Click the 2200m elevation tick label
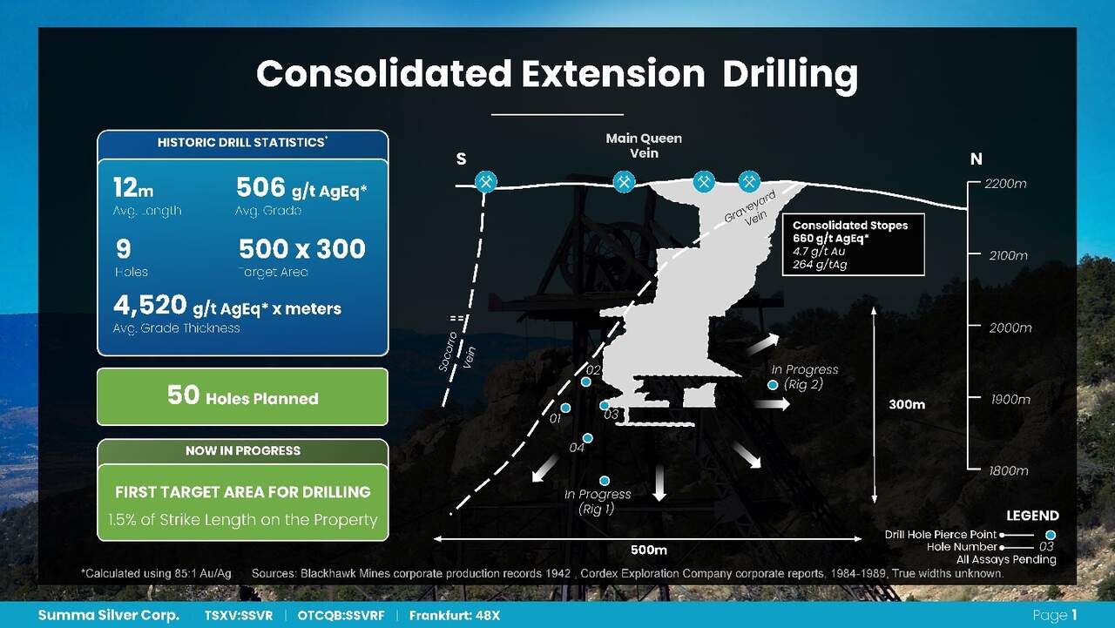[x=1005, y=184]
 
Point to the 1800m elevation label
[x=1008, y=470]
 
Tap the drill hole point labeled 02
[x=586, y=382]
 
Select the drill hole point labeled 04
[x=587, y=438]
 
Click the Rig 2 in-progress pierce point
[x=773, y=385]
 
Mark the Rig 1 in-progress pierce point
[x=605, y=480]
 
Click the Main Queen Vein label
[x=644, y=145]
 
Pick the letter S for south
[x=462, y=159]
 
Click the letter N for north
[x=976, y=159]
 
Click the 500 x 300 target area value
[x=302, y=248]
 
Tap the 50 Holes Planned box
[x=242, y=396]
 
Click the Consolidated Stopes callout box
[x=853, y=245]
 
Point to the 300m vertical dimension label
[x=907, y=404]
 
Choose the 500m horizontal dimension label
[x=649, y=550]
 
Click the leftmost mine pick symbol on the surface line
[x=486, y=182]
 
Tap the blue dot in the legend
[x=1051, y=535]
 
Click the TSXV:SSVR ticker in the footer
[x=239, y=616]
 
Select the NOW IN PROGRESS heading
[x=243, y=450]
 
